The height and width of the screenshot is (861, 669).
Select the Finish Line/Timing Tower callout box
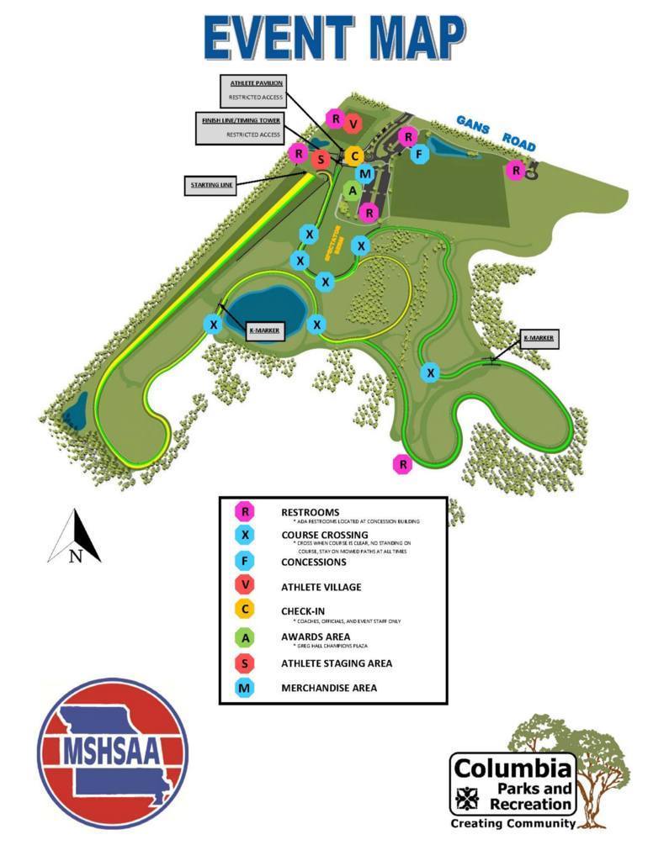tap(242, 127)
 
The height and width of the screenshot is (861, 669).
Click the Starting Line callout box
tap(210, 185)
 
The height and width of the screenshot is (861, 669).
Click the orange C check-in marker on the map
tap(354, 156)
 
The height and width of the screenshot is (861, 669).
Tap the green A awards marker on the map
tap(353, 191)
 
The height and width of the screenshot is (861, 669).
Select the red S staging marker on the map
tap(320, 159)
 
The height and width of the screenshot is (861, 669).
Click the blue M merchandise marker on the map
tap(365, 173)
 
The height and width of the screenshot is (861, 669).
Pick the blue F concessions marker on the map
tap(418, 154)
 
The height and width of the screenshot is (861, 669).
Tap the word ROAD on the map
tap(520, 140)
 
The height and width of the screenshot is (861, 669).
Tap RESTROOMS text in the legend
tap(311, 512)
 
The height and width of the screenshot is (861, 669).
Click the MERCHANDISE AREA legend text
tap(329, 688)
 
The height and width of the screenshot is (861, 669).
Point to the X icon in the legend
tap(245, 535)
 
